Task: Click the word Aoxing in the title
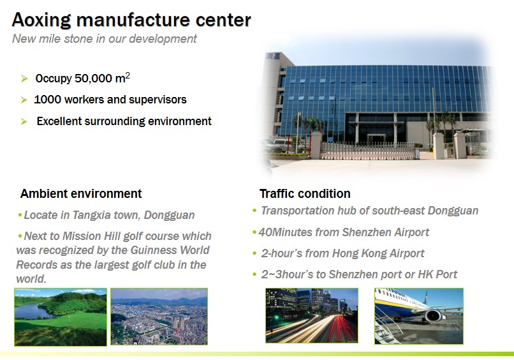(41, 20)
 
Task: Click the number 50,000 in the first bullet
(93, 79)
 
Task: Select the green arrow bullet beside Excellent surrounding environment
(24, 121)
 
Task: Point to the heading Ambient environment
(81, 193)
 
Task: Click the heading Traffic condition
(305, 193)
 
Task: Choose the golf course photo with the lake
(61, 317)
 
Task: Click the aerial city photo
(159, 317)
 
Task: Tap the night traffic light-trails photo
(312, 316)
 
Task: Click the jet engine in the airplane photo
(433, 315)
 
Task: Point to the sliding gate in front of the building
(370, 151)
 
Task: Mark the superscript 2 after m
(128, 75)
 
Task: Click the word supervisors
(158, 100)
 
